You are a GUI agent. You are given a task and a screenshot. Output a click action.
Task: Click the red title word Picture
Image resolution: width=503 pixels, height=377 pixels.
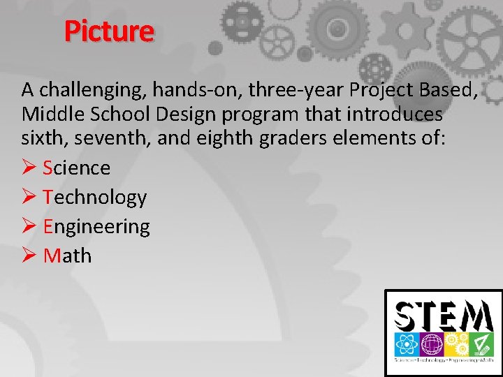click(x=108, y=31)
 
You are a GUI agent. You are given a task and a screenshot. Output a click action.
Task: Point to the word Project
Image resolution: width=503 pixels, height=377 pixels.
click(x=383, y=90)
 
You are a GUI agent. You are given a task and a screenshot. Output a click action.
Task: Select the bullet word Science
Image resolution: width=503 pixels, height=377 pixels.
click(x=76, y=168)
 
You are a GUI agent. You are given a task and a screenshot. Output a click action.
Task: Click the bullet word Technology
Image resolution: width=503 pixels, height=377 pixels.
click(x=94, y=198)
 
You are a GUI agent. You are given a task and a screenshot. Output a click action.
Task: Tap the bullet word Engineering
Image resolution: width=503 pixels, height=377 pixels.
click(x=96, y=227)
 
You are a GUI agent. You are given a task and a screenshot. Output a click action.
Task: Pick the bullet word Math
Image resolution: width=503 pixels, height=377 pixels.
click(x=67, y=256)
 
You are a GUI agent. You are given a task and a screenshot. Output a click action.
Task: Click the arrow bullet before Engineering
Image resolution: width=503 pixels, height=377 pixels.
click(x=29, y=227)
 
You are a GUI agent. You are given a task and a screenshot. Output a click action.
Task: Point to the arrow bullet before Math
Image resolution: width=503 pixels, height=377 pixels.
click(x=29, y=256)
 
